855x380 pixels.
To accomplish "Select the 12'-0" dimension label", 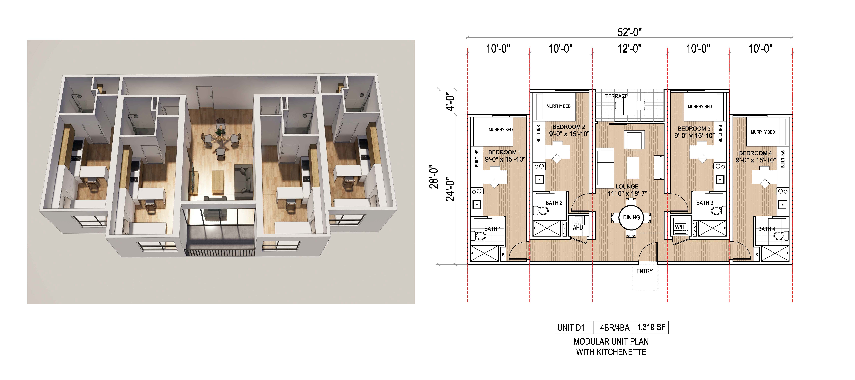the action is [x=629, y=49].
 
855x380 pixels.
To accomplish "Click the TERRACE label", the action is [x=616, y=96].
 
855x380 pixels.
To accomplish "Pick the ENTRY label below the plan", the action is [x=644, y=271].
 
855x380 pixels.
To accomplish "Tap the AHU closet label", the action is [x=578, y=228].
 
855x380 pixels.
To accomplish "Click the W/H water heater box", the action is [x=680, y=227].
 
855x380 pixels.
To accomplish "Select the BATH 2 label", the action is [x=554, y=203].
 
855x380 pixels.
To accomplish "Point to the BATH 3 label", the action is [x=705, y=203].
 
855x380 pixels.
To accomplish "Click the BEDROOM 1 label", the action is [x=504, y=152].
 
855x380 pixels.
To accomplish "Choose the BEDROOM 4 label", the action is [x=755, y=153].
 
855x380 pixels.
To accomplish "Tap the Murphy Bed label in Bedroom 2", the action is [x=559, y=106].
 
